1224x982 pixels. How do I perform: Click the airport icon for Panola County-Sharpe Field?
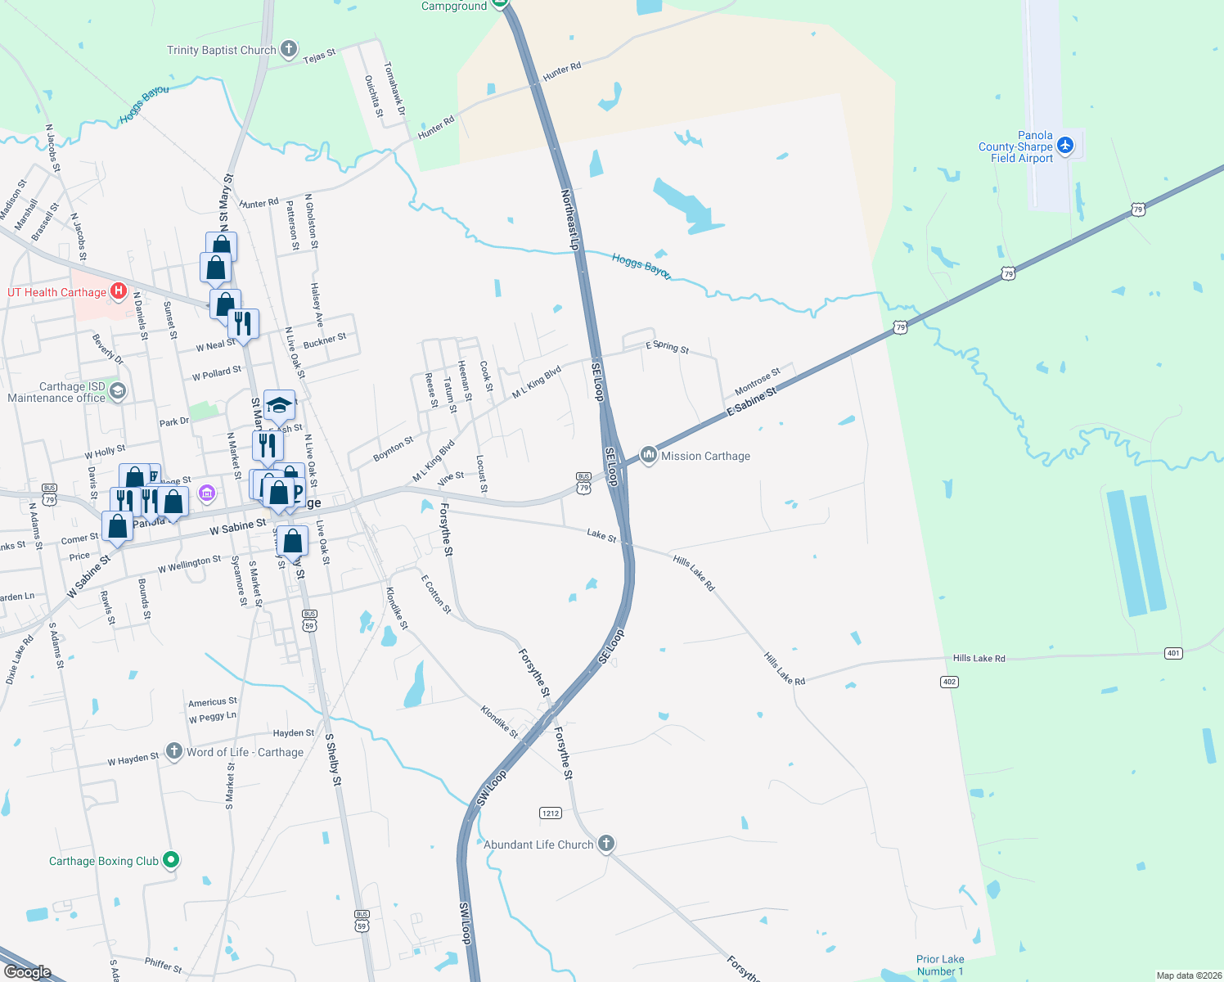click(1064, 146)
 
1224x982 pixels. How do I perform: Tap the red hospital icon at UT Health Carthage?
click(119, 291)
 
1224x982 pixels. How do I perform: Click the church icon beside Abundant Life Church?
click(605, 843)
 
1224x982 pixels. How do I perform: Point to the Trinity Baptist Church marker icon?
click(288, 49)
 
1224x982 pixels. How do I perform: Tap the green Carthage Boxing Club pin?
click(171, 859)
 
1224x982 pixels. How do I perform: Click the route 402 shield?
click(949, 682)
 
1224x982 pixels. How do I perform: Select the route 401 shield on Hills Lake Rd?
click(1173, 653)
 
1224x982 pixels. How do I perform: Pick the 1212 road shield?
click(551, 813)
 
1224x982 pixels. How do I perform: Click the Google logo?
click(27, 972)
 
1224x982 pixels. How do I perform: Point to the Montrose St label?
click(758, 381)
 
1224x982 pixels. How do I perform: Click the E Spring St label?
click(667, 347)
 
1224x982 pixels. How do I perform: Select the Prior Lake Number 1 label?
click(940, 965)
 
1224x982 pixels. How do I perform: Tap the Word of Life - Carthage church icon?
click(173, 750)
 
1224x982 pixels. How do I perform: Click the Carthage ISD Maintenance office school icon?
click(118, 391)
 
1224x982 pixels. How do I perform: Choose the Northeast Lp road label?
click(570, 219)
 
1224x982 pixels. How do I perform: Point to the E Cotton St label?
click(435, 593)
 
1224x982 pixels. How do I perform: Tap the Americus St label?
click(212, 702)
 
